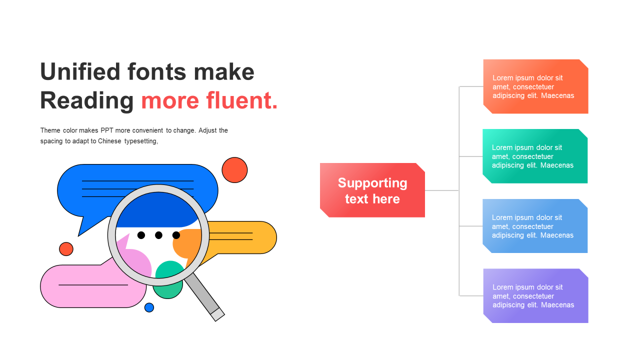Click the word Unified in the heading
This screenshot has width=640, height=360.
click(x=80, y=71)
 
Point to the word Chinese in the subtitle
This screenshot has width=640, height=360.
click(x=109, y=141)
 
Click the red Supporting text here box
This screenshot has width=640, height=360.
click(x=372, y=190)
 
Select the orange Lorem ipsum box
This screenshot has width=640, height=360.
click(x=535, y=86)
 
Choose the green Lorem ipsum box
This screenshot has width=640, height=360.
click(x=535, y=156)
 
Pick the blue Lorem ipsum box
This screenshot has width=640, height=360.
click(x=535, y=226)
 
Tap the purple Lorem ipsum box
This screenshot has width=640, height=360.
click(x=535, y=295)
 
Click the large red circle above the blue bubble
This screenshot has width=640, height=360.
click(x=234, y=170)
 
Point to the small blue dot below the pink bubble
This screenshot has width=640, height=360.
click(x=149, y=307)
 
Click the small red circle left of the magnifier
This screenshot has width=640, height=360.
click(x=66, y=249)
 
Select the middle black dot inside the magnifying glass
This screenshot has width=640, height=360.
click(x=158, y=235)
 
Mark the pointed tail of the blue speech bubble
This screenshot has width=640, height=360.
click(x=78, y=235)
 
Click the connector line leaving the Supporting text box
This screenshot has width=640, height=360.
click(x=442, y=190)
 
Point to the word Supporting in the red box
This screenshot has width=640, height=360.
click(x=372, y=183)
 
